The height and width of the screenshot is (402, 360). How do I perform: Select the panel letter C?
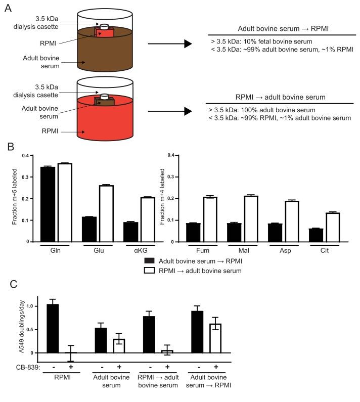[x=7, y=284]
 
